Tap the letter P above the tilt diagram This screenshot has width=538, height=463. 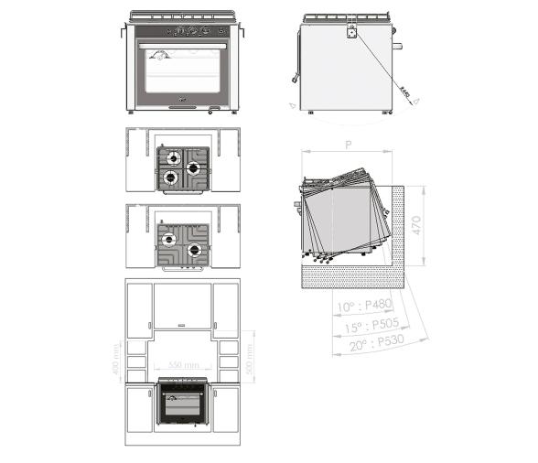pos(349,145)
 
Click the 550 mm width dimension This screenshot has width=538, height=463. pos(183,365)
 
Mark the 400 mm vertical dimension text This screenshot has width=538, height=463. pos(117,364)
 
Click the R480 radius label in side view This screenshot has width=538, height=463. pos(404,89)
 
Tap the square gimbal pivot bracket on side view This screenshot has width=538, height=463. pos(350,32)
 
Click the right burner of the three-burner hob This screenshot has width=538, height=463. pos(193,168)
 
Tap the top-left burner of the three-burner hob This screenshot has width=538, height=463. pos(169,156)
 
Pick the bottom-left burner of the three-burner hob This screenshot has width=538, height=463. pos(169,178)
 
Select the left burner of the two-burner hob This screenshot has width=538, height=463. pos(169,240)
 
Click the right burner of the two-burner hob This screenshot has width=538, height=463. pos(193,251)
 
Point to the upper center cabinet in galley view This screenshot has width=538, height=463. pos(182,306)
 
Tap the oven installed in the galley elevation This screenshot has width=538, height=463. pos(182,403)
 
